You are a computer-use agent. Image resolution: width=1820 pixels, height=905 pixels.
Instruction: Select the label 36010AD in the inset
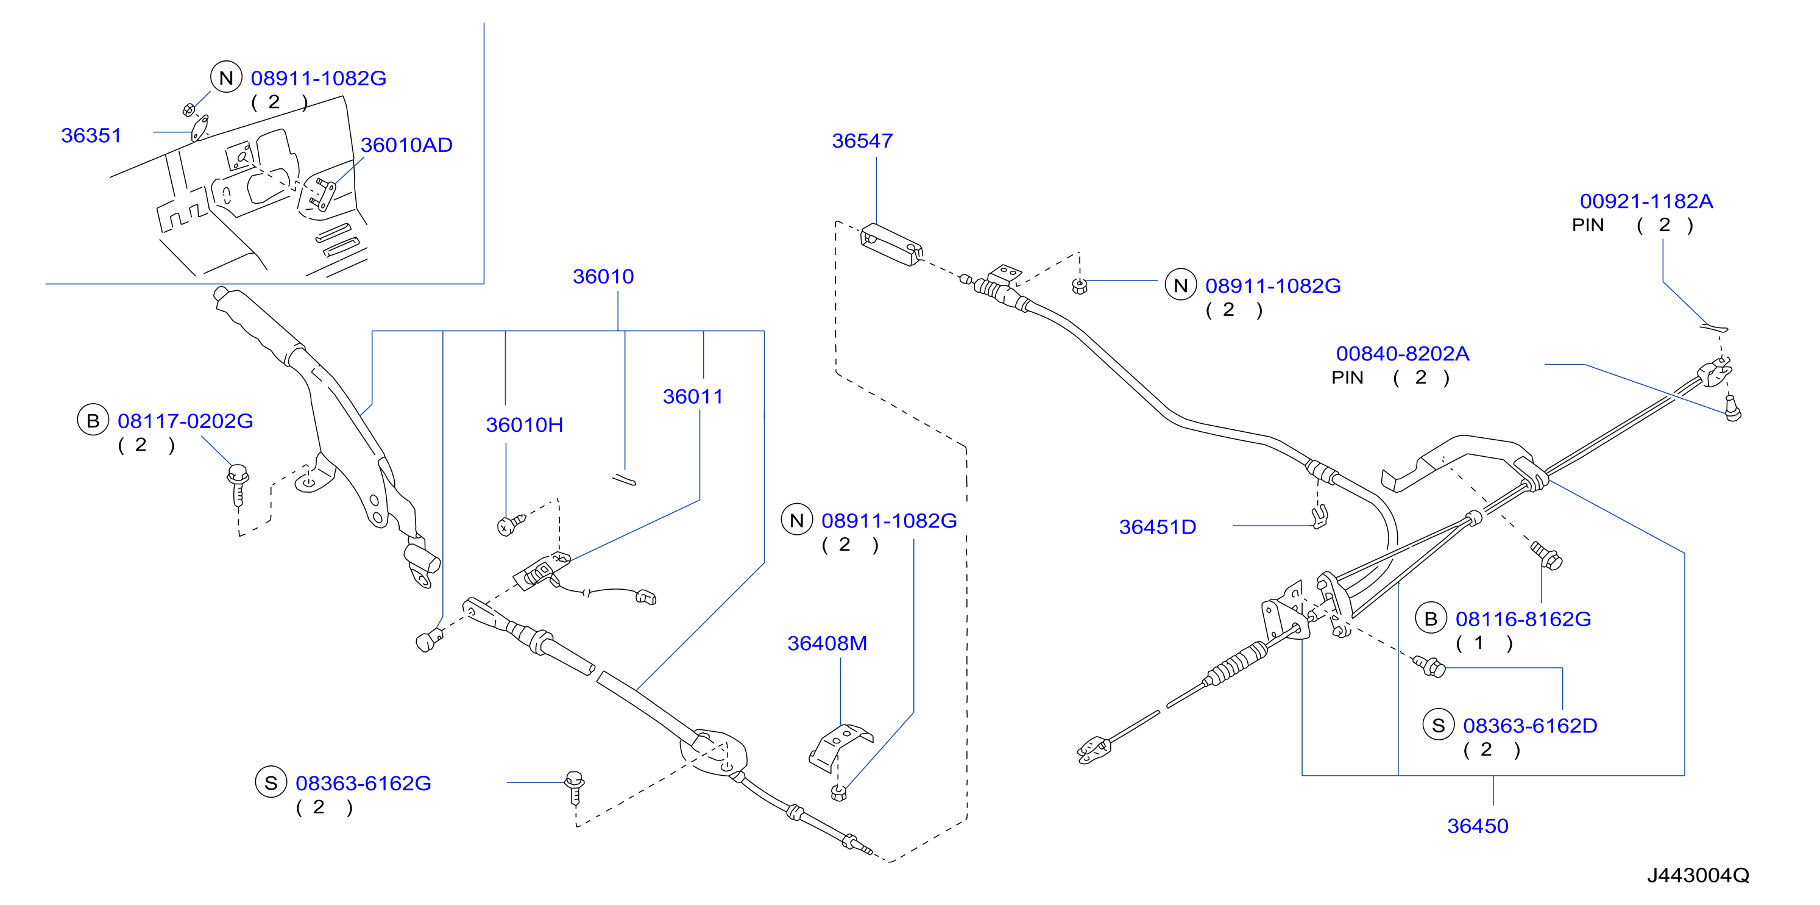point(406,145)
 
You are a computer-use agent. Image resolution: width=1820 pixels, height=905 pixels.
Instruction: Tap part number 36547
point(862,141)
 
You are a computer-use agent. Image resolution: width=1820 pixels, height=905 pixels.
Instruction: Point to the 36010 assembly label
point(603,276)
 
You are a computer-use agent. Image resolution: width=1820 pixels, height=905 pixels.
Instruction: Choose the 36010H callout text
point(524,425)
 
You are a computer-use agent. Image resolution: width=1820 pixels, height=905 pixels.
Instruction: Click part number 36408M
point(827,643)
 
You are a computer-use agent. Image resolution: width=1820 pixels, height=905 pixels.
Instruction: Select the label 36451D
point(1157,527)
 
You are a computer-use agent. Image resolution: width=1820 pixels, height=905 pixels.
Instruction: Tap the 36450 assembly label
point(1478,826)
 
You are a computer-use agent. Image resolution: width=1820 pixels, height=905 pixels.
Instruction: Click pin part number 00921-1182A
point(1646,201)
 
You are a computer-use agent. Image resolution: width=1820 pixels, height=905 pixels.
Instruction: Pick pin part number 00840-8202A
point(1403,354)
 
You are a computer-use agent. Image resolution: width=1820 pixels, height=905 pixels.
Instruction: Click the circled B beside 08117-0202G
point(93,420)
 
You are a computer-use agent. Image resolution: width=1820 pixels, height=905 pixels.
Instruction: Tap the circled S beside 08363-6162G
point(271,782)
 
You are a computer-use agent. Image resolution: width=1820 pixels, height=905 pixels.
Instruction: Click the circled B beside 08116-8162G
point(1431,618)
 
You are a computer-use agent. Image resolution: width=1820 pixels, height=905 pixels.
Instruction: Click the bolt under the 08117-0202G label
point(238,485)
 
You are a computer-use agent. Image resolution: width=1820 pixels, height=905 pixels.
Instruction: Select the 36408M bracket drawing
point(840,746)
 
